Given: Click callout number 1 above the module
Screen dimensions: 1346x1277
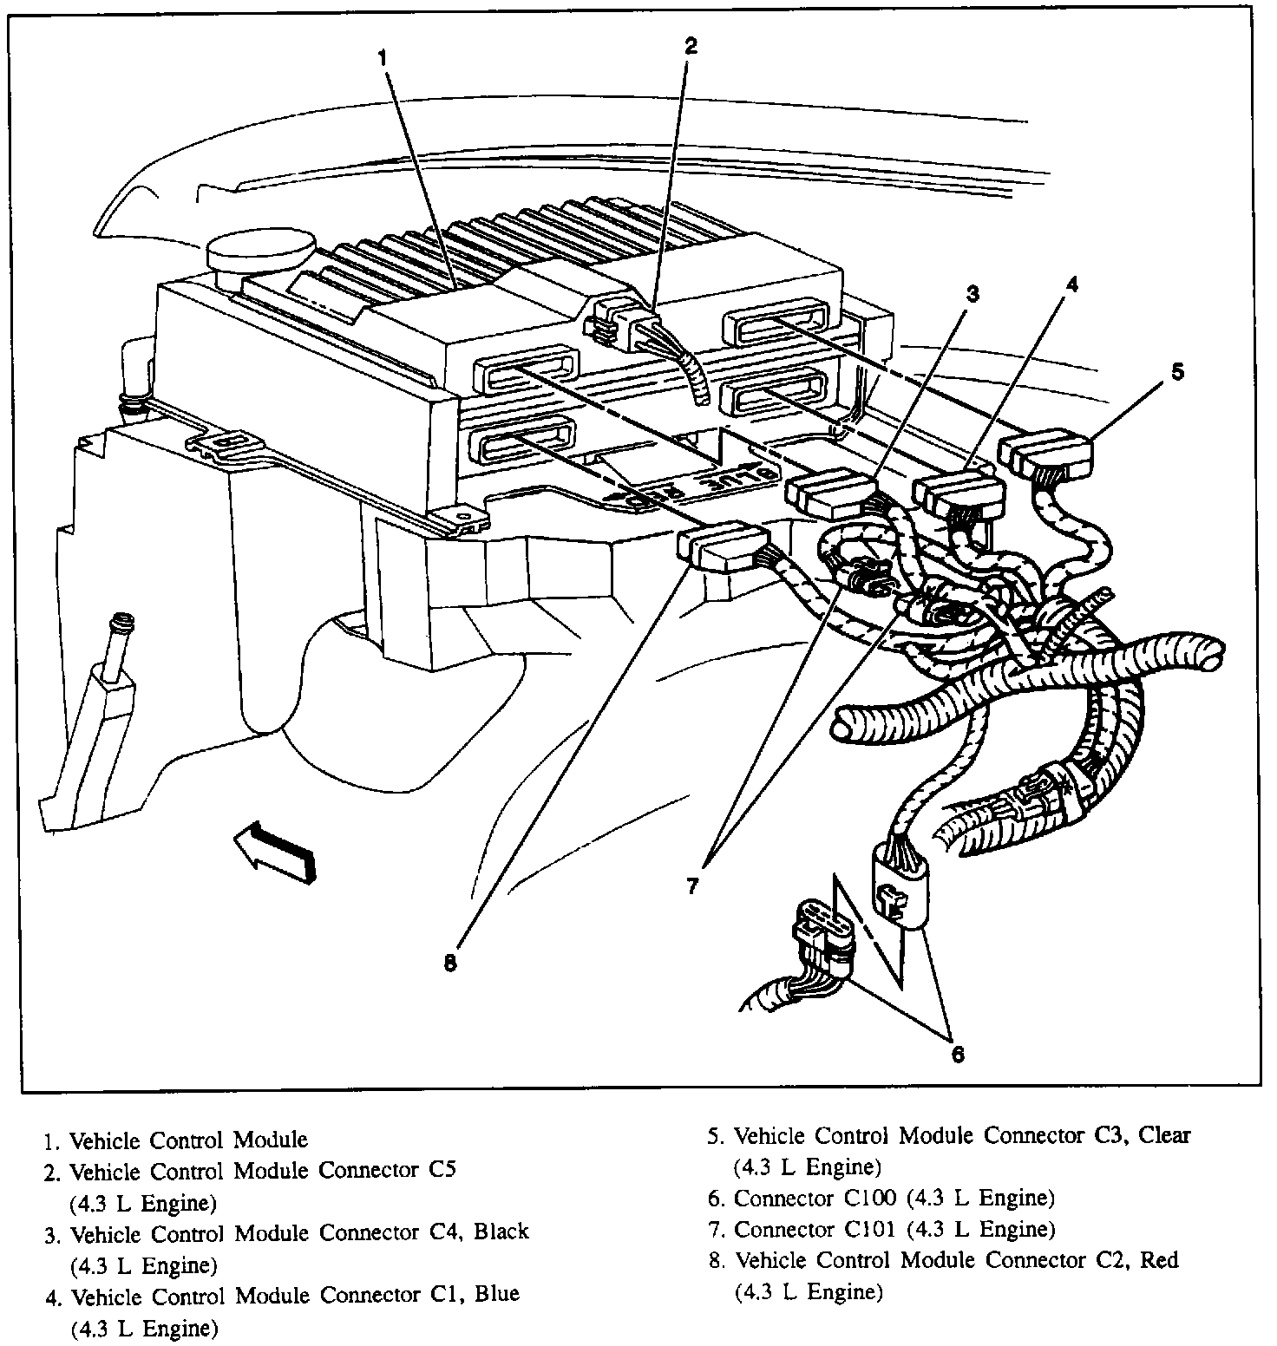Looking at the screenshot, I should [x=382, y=57].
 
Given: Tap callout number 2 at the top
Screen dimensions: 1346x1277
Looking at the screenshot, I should [x=690, y=47].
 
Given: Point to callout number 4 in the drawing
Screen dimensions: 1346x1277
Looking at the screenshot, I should [x=1072, y=284].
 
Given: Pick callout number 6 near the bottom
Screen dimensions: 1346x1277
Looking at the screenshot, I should [x=957, y=1054].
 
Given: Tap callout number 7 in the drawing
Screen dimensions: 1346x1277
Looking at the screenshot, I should [x=691, y=887].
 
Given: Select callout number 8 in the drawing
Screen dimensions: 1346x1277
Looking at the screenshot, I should [x=449, y=963].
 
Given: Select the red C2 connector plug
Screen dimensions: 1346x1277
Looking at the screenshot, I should [x=722, y=546].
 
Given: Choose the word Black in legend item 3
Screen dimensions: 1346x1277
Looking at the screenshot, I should [x=501, y=1232].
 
